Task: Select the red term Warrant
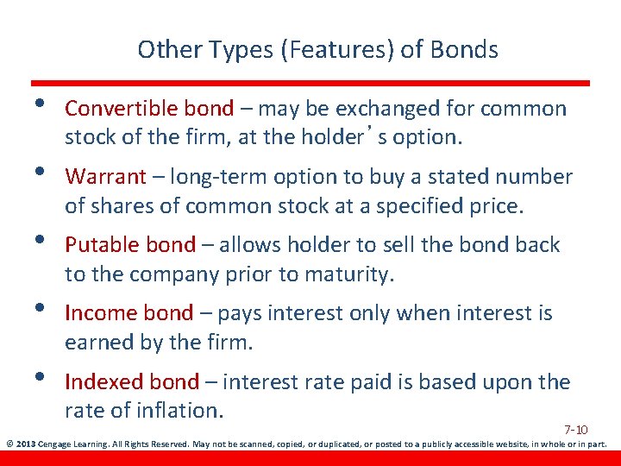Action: pos(105,177)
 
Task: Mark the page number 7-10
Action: pos(575,430)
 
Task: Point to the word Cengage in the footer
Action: pos(56,445)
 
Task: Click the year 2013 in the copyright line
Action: pos(26,445)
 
